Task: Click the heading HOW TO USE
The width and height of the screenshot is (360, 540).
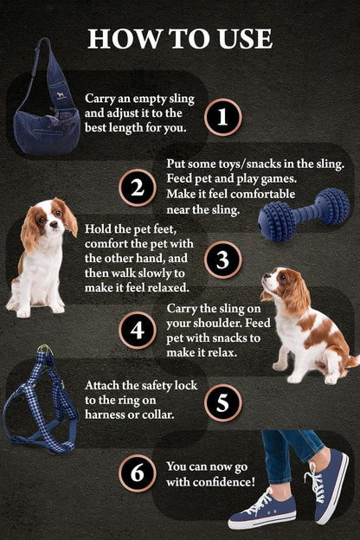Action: pyautogui.click(x=180, y=38)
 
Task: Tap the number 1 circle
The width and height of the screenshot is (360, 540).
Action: pyautogui.click(x=222, y=116)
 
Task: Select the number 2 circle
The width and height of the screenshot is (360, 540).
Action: pyautogui.click(x=137, y=188)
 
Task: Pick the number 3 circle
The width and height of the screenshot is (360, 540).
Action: pyautogui.click(x=222, y=259)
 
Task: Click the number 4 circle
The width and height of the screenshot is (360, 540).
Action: pyautogui.click(x=137, y=330)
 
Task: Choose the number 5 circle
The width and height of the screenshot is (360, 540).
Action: pyautogui.click(x=222, y=402)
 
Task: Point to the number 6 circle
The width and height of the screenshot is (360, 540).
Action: pyautogui.click(x=137, y=472)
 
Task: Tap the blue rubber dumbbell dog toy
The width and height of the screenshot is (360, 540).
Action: pyautogui.click(x=304, y=215)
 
